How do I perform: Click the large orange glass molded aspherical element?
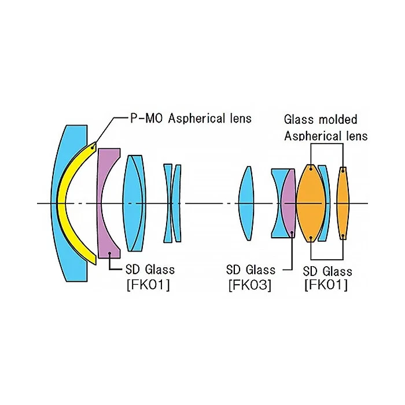point(311,203)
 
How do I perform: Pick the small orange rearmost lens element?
point(343,203)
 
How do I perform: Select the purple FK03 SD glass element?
point(288,203)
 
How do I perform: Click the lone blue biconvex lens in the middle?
point(246,203)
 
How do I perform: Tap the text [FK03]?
point(250,285)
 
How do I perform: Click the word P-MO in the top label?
point(147,119)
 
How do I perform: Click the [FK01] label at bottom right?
point(326,285)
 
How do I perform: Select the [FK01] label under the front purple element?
point(148,285)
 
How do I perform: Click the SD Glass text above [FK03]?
point(251,270)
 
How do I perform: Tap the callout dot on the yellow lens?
point(92,148)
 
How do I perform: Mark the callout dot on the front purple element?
point(110,253)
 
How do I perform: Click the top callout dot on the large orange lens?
point(311,169)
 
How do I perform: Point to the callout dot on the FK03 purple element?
point(292,233)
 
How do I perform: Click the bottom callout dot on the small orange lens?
point(343,235)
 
